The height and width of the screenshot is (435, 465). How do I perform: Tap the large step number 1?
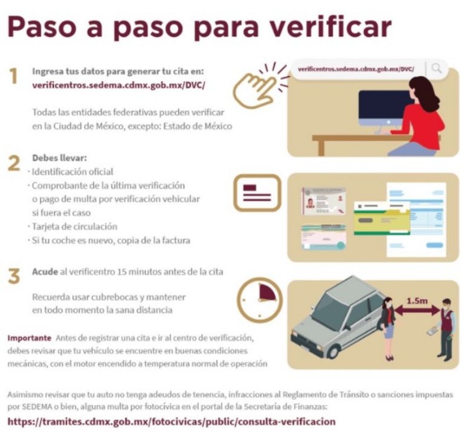point(13,76)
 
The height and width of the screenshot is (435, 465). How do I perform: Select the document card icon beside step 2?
point(257,193)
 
